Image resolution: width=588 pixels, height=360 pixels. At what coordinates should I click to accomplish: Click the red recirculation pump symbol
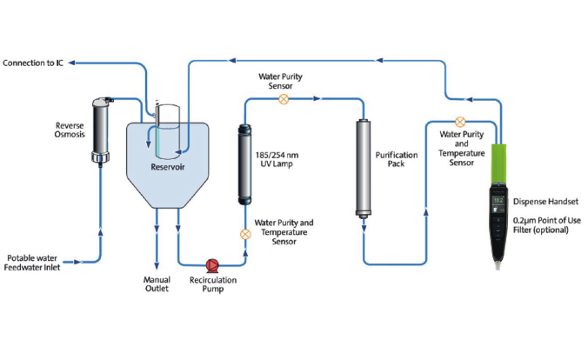[x=212, y=265]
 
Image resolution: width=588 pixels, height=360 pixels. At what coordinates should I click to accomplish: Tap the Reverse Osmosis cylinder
[x=101, y=130]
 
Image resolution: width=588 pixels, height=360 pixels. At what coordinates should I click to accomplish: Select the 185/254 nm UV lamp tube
[x=245, y=164]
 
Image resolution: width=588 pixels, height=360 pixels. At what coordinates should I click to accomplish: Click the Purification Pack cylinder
[x=364, y=169]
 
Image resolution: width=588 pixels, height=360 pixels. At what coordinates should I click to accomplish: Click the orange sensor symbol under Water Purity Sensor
[x=284, y=99]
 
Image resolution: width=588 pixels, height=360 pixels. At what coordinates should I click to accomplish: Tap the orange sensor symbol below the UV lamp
[x=245, y=235]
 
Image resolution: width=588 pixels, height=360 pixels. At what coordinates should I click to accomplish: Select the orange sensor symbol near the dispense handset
[x=460, y=122]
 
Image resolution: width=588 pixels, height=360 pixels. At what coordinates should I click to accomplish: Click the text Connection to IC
[x=33, y=63]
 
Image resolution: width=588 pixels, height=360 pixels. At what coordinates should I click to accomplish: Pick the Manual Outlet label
[x=157, y=283]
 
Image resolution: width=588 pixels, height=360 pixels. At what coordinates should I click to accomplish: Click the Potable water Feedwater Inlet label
[x=32, y=263]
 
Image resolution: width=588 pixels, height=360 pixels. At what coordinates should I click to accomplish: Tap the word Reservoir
[x=168, y=167]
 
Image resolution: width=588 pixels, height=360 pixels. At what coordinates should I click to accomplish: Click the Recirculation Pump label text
[x=213, y=284]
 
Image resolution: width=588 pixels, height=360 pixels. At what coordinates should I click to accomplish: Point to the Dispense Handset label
[x=545, y=202]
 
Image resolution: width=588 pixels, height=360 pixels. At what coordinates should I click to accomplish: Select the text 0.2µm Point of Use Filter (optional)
[x=547, y=225]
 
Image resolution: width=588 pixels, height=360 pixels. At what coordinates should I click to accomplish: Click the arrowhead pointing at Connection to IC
[x=71, y=63]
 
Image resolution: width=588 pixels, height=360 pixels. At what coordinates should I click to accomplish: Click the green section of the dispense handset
[x=498, y=163]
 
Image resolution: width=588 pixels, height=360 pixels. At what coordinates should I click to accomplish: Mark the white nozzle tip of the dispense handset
[x=498, y=265]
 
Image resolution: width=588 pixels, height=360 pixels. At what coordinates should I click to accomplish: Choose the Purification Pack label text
[x=397, y=159]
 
